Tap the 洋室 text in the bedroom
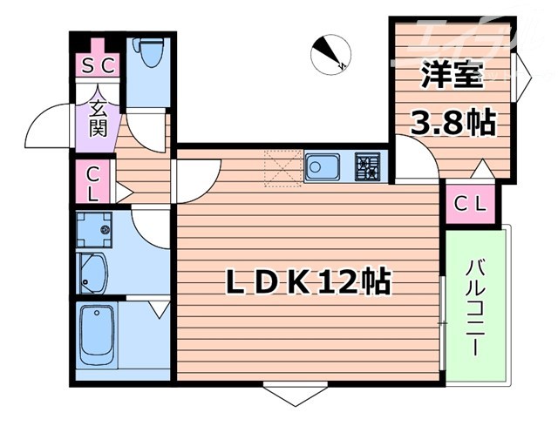click(x=451, y=77)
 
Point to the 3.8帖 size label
click(x=453, y=122)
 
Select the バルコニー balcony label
click(x=475, y=307)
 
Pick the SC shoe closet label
click(x=99, y=65)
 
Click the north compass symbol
click(x=330, y=53)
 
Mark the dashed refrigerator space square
click(x=282, y=167)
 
